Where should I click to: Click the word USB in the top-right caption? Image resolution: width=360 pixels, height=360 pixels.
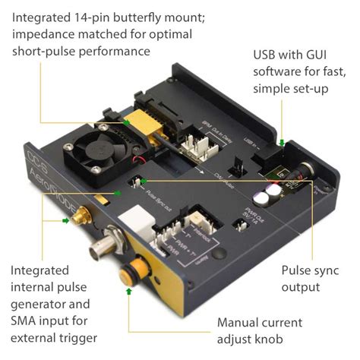coord(265,56)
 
